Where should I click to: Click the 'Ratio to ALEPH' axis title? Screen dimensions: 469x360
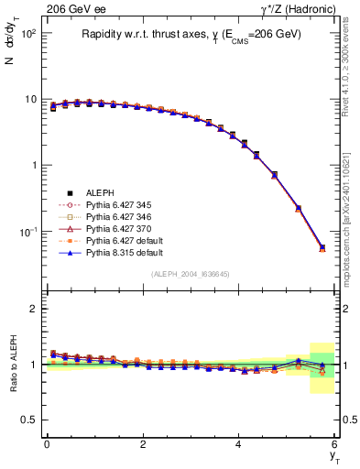point(14,364)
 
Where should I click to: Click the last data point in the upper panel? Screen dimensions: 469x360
point(322,247)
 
